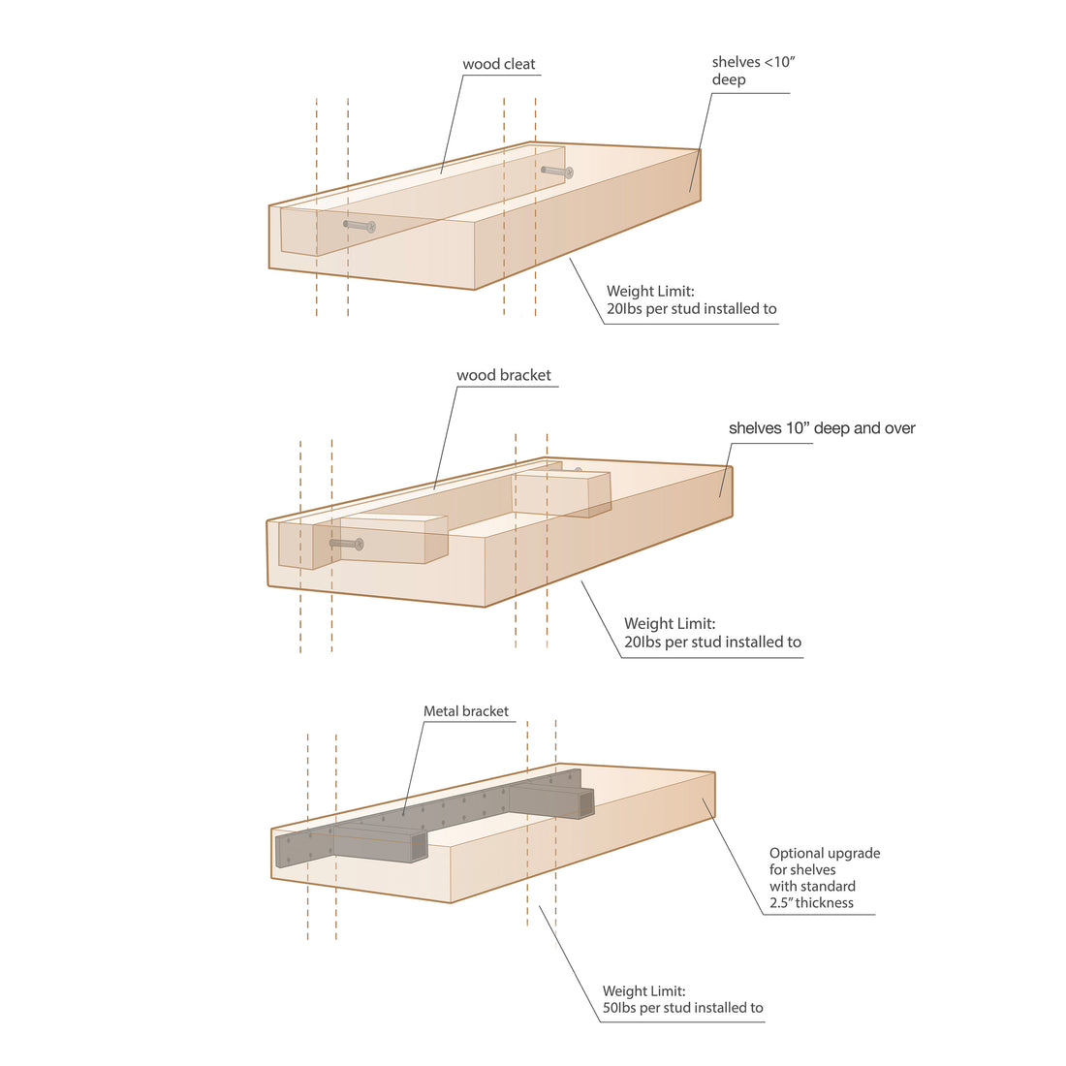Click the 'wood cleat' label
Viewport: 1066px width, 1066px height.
click(499, 65)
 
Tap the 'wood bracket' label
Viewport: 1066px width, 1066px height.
click(504, 376)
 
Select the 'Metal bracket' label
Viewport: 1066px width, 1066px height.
click(465, 711)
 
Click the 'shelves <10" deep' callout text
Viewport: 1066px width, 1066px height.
click(753, 71)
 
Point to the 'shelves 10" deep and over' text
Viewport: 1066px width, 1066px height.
click(822, 428)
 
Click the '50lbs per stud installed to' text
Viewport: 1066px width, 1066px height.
click(682, 1008)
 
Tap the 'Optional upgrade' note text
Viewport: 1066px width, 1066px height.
click(825, 854)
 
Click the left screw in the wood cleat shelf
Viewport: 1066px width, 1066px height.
click(360, 226)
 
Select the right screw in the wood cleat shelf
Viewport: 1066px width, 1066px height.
click(557, 172)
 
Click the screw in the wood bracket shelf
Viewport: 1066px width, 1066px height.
click(347, 545)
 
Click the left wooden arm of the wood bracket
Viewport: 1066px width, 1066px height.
click(392, 539)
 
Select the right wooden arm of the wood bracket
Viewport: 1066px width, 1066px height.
click(562, 493)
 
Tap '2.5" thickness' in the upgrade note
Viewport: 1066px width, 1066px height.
click(811, 903)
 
